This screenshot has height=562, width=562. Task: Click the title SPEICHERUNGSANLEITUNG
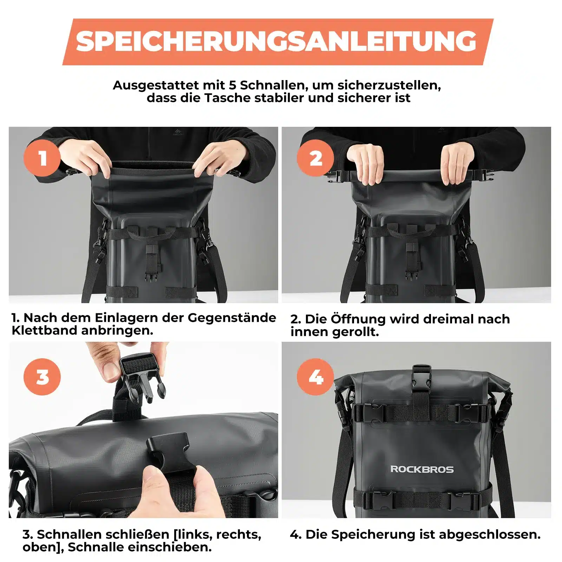(277, 41)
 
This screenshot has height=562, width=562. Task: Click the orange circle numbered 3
(42, 377)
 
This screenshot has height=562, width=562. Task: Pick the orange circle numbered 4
(315, 377)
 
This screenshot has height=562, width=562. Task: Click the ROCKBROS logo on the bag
(422, 469)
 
